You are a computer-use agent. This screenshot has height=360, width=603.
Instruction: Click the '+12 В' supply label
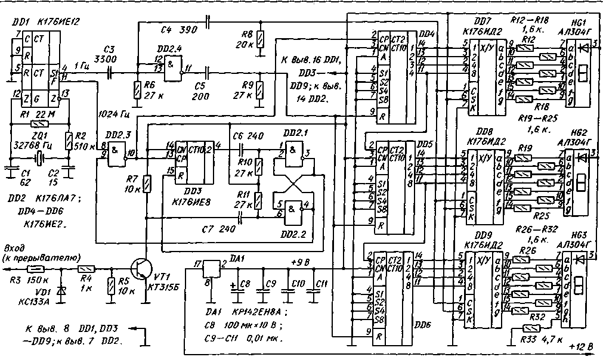pyautogui.click(x=582, y=346)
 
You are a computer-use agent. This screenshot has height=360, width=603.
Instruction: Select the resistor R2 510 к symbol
pyautogui.click(x=69, y=142)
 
